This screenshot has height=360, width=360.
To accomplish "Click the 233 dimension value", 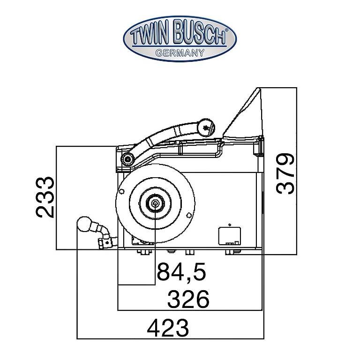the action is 45,197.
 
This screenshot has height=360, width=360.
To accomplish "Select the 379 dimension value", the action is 285,173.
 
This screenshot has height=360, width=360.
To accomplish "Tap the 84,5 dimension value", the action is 181,271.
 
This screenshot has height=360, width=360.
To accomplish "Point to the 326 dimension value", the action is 188,299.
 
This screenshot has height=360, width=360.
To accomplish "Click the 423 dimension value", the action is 168,328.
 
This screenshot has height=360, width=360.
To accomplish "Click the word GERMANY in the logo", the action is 180,53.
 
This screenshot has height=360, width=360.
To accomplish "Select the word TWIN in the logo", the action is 150,36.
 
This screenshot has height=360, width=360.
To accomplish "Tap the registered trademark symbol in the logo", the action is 226,30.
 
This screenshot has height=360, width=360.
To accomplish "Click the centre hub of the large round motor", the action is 155,203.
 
